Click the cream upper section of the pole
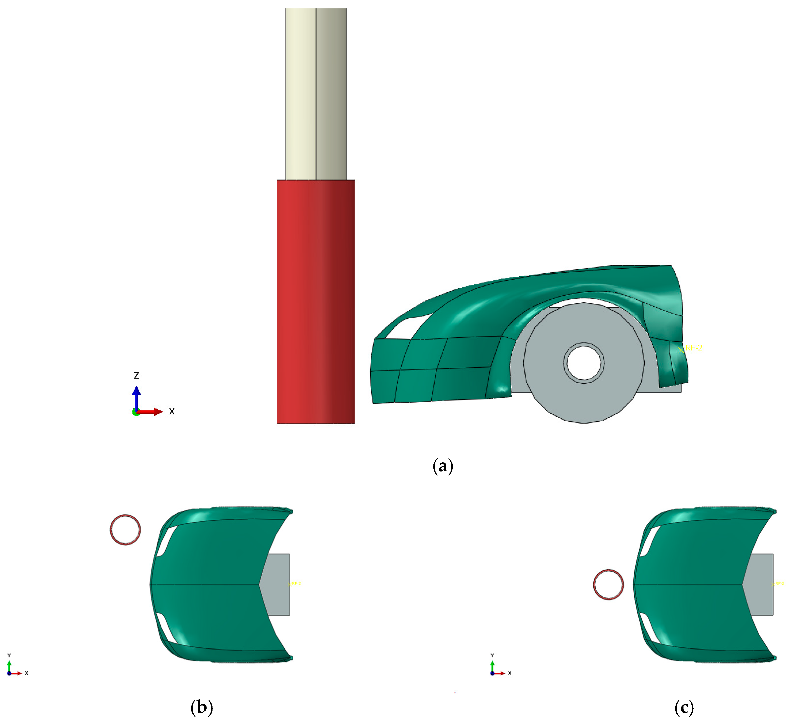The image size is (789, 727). tap(316, 94)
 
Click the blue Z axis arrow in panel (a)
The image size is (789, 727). tap(136, 397)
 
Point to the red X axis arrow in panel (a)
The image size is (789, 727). tap(151, 412)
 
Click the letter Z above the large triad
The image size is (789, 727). tap(136, 376)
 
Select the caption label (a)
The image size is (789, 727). tap(443, 466)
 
